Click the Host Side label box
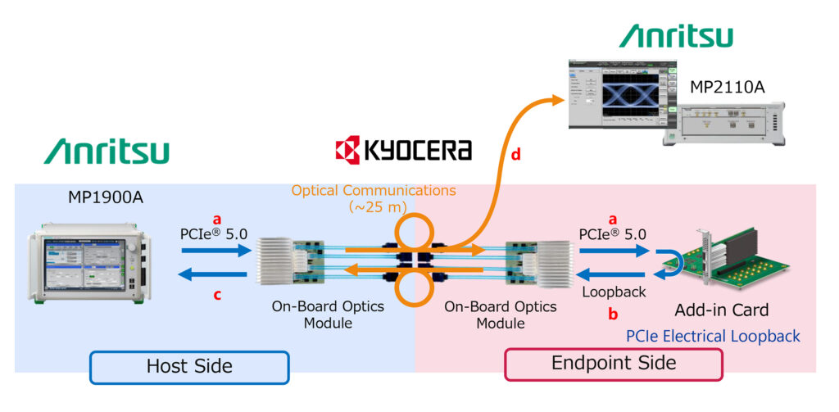[189, 367]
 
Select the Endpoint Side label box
[614, 364]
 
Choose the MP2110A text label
[727, 86]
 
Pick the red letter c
[217, 296]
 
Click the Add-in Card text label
[722, 310]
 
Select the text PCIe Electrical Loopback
[713, 336]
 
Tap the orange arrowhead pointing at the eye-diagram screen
[560, 99]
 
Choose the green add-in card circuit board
[732, 262]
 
